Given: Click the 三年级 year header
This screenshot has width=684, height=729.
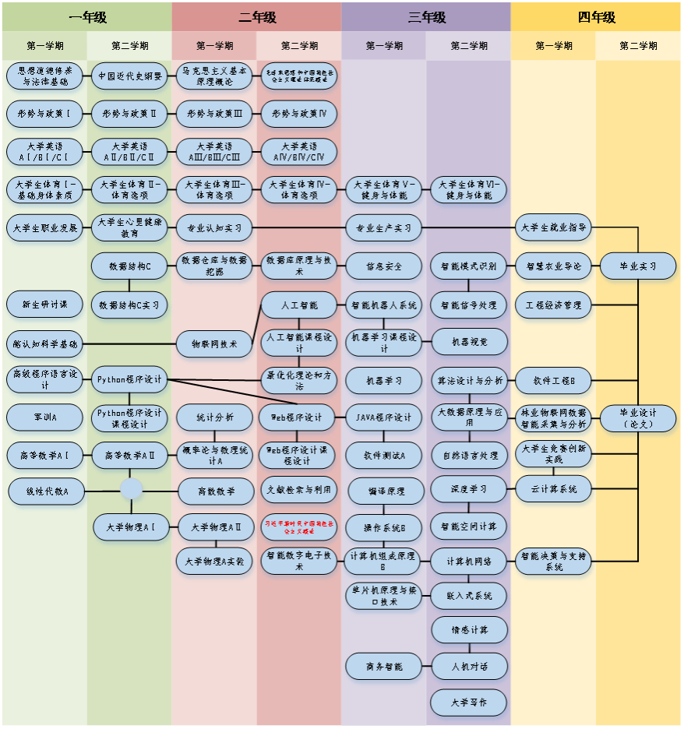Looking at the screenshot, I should pos(426,16).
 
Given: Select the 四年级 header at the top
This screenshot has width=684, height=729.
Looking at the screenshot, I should pos(597,16).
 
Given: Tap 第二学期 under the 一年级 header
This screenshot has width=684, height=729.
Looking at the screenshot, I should pos(129,46).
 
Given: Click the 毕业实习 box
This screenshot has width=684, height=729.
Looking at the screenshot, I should pos(638,266).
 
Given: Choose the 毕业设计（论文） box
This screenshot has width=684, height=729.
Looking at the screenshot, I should pos(638,418).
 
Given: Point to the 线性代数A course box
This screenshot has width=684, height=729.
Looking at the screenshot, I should pos(46,491).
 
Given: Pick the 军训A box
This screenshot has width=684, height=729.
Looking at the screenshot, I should pos(45,417).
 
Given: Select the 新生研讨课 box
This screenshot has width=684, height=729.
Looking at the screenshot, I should pos(45,305).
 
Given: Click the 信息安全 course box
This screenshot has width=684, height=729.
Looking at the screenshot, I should pos(384,266).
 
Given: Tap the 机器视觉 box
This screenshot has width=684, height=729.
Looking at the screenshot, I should pos(469,342).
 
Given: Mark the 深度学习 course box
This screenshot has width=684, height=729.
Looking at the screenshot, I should pos(469,489).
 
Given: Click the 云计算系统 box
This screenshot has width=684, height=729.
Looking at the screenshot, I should pos(554,489).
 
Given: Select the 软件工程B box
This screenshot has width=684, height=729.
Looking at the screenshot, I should pos(554,381).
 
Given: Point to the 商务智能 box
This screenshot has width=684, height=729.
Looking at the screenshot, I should pos(384,667).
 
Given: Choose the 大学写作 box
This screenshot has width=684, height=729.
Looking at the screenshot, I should pos(469,703).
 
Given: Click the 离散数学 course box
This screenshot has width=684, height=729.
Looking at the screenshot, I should pos(217,491).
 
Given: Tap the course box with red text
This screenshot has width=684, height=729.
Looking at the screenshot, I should pos(299,527).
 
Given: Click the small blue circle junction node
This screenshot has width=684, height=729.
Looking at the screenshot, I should pos(131,489).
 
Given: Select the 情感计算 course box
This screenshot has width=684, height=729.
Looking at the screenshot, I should pos(469,630).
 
